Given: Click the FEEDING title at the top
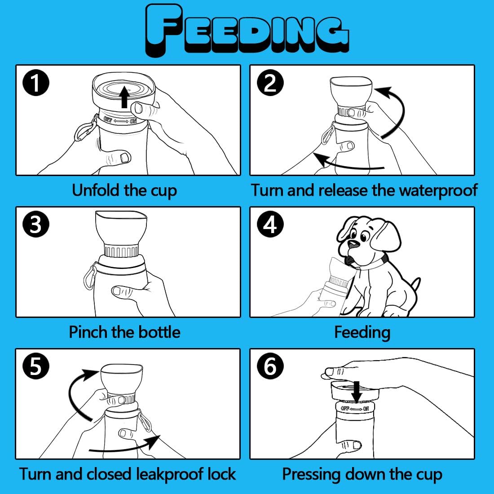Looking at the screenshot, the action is [x=247, y=31].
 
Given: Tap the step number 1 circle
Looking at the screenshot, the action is [x=36, y=83].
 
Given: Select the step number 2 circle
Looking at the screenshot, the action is [x=270, y=83].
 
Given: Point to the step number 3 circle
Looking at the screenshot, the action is [x=36, y=224].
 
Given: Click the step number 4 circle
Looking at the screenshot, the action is [x=270, y=224].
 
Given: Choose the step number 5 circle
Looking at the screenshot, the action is [x=36, y=366].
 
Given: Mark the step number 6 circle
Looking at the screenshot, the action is [x=270, y=366].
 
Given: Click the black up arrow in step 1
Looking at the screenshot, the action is [x=125, y=97].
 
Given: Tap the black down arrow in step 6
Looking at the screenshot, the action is [x=357, y=392].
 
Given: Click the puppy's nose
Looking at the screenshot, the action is [x=353, y=243].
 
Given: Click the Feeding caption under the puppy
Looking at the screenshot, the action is [x=362, y=333].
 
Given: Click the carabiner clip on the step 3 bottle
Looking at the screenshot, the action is [x=89, y=277].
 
